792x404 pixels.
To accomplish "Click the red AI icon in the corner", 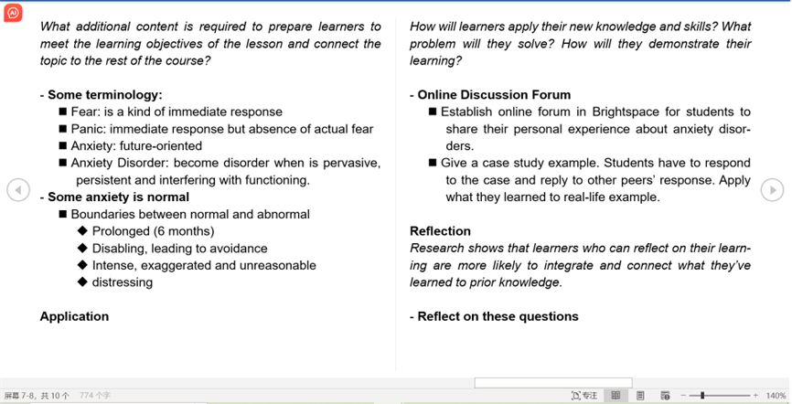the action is click(13, 13).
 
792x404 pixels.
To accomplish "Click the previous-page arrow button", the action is click(18, 190).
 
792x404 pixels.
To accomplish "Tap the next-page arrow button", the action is click(772, 190).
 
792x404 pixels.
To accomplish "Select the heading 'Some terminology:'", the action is click(105, 95).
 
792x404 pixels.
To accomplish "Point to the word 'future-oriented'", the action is click(161, 146).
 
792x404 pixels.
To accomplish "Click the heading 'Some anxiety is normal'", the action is click(119, 197).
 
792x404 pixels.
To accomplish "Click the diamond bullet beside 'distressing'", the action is click(83, 282).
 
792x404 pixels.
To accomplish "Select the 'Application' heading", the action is click(74, 316).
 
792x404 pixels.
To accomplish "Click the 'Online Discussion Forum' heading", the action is click(494, 95).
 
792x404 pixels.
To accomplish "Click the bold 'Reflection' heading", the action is click(440, 231).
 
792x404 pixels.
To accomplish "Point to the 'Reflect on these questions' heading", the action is click(498, 316).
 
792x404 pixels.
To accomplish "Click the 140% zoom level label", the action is click(776, 396).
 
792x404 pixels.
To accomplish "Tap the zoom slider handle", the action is click(702, 396).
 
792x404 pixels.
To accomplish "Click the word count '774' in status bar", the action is click(87, 396).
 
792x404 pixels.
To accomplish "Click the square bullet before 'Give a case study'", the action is click(433, 163).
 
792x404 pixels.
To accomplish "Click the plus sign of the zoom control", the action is click(755, 396).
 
